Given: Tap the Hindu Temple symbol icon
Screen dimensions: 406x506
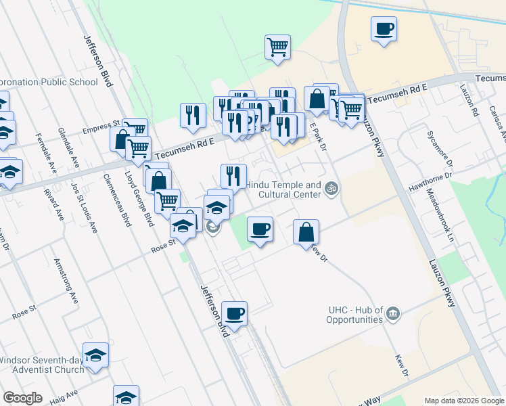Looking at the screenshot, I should tap(331, 187).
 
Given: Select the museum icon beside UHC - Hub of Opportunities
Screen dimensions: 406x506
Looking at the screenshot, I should tap(392, 314).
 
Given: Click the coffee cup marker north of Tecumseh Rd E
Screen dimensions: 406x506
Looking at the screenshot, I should tap(384, 30).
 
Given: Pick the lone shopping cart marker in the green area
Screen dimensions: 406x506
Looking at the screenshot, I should tap(277, 47).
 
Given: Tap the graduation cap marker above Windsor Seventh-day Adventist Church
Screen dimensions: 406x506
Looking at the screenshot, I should tap(96, 355).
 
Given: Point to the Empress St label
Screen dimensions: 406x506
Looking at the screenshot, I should tap(101, 127).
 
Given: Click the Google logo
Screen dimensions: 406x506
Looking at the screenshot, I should tap(23, 398).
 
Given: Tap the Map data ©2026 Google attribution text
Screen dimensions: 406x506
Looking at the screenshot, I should tap(463, 401).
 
